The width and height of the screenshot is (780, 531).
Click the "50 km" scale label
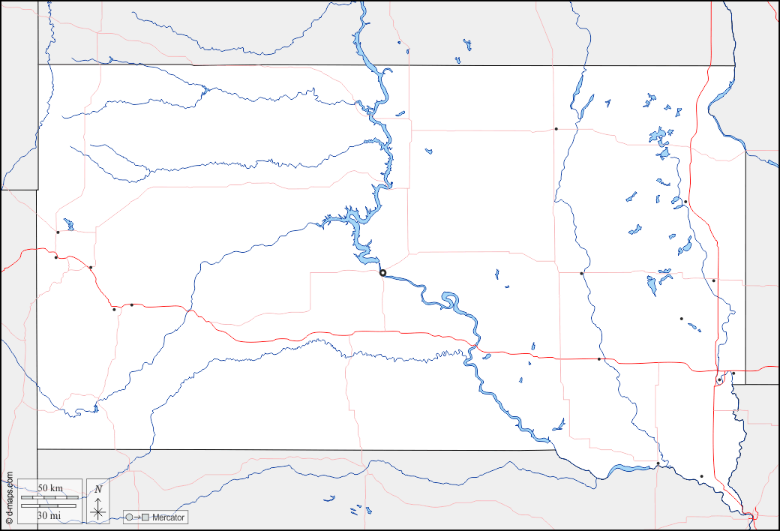49,487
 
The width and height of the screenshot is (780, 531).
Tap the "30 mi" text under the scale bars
49,515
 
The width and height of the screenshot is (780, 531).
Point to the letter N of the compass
98,489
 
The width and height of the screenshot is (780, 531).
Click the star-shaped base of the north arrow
98,512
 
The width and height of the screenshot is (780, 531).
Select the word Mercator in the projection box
168,517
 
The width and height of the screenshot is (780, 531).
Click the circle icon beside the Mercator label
129,517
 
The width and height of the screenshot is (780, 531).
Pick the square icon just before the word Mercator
146,517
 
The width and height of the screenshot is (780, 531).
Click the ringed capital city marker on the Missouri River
382,273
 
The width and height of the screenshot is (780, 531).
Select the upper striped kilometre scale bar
49,497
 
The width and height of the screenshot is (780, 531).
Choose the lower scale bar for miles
49,506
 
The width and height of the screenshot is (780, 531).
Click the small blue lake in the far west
69,224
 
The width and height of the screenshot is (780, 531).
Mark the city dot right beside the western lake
58,232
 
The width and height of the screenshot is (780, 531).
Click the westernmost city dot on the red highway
56,257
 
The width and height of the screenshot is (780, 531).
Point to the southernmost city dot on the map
701,476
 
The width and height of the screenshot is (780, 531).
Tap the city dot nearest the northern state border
556,129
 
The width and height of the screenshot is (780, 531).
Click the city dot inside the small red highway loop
718,380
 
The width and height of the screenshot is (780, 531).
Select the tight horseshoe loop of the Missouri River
451,301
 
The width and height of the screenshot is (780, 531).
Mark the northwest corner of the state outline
38,65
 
